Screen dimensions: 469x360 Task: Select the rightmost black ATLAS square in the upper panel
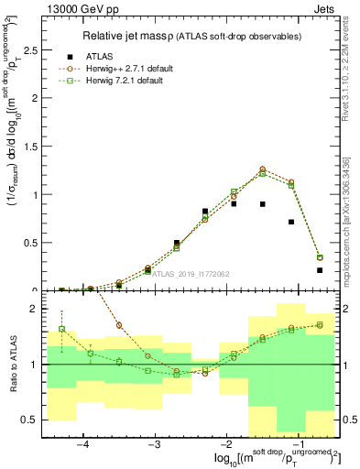coord(320,270)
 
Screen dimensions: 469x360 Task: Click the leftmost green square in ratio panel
coord(61,329)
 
